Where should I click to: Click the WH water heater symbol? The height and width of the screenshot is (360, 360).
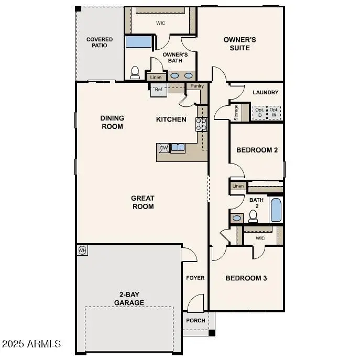tap(82, 250)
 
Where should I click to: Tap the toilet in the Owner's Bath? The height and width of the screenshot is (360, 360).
tap(135, 72)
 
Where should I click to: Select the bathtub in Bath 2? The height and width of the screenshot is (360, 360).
tap(276, 210)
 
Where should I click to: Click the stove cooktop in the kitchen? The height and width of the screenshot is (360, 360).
tap(202, 124)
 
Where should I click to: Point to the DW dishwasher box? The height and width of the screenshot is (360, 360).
tap(163, 148)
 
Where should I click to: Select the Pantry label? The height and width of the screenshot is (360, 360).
tap(197, 86)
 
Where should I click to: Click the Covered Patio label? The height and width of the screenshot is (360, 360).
tap(100, 42)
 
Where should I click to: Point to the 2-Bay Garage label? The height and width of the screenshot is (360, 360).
tap(129, 299)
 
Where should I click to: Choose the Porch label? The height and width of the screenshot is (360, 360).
tap(196, 321)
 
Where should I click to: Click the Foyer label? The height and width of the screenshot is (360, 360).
tap(195, 278)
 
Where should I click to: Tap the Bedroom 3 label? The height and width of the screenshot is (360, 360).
tap(246, 278)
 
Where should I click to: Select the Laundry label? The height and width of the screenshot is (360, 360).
tap(266, 93)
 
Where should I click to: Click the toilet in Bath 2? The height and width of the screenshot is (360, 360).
tap(254, 215)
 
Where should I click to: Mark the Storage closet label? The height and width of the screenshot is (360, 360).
tap(236, 113)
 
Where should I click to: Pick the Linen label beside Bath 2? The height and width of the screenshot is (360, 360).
tap(238, 186)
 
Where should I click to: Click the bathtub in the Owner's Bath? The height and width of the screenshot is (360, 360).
tap(138, 41)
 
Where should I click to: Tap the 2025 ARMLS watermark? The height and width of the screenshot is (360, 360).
tap(31, 344)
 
